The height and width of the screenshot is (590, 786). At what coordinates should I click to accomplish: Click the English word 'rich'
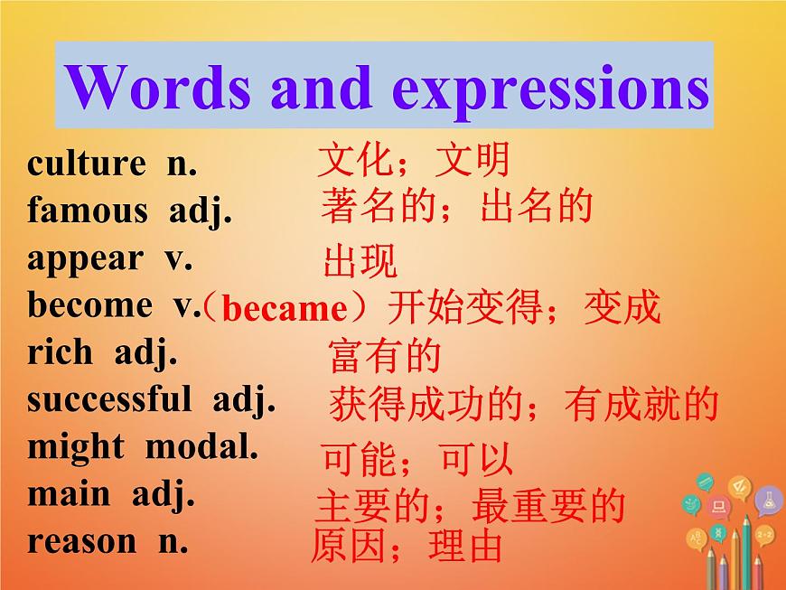pyautogui.click(x=60, y=351)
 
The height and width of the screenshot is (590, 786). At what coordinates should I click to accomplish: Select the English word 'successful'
pyautogui.click(x=109, y=398)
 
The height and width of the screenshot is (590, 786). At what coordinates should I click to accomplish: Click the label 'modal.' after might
pyautogui.click(x=201, y=446)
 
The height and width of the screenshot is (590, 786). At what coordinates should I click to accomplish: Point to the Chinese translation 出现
pyautogui.click(x=360, y=262)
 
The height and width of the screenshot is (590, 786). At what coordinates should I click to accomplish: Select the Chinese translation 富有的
pyautogui.click(x=384, y=357)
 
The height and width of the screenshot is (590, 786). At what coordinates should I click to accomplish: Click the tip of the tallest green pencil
pyautogui.click(x=746, y=519)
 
